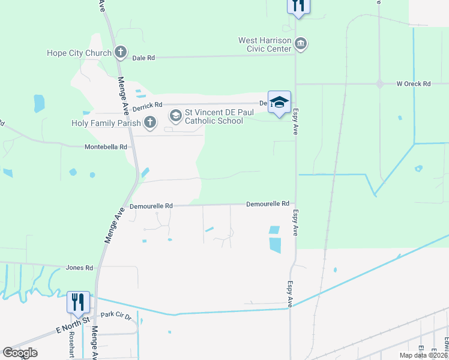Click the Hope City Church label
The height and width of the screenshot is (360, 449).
pos(79,53)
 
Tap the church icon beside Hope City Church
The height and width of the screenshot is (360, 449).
pos(121,52)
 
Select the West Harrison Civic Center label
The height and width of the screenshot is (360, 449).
pos(265,45)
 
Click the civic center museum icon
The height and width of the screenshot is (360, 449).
pos(301,44)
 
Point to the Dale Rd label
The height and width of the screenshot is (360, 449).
pos(143,58)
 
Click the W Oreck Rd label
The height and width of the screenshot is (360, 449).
pos(413,84)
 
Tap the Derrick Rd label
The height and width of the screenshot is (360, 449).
pos(147,104)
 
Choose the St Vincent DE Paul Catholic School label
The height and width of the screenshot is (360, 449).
pos(214,116)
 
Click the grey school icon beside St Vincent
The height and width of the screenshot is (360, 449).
pos(176,114)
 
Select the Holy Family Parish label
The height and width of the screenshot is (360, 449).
pos(106,123)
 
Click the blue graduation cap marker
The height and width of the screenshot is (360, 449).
pos(279,103)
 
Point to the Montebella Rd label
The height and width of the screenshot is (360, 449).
pos(106,146)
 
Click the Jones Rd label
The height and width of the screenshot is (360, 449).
pos(80,268)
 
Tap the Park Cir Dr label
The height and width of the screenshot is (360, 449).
pos(116,314)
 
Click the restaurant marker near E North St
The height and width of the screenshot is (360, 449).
pos(78,302)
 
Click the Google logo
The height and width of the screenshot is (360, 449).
pos(20,353)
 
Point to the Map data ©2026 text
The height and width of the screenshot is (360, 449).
pos(423,355)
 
